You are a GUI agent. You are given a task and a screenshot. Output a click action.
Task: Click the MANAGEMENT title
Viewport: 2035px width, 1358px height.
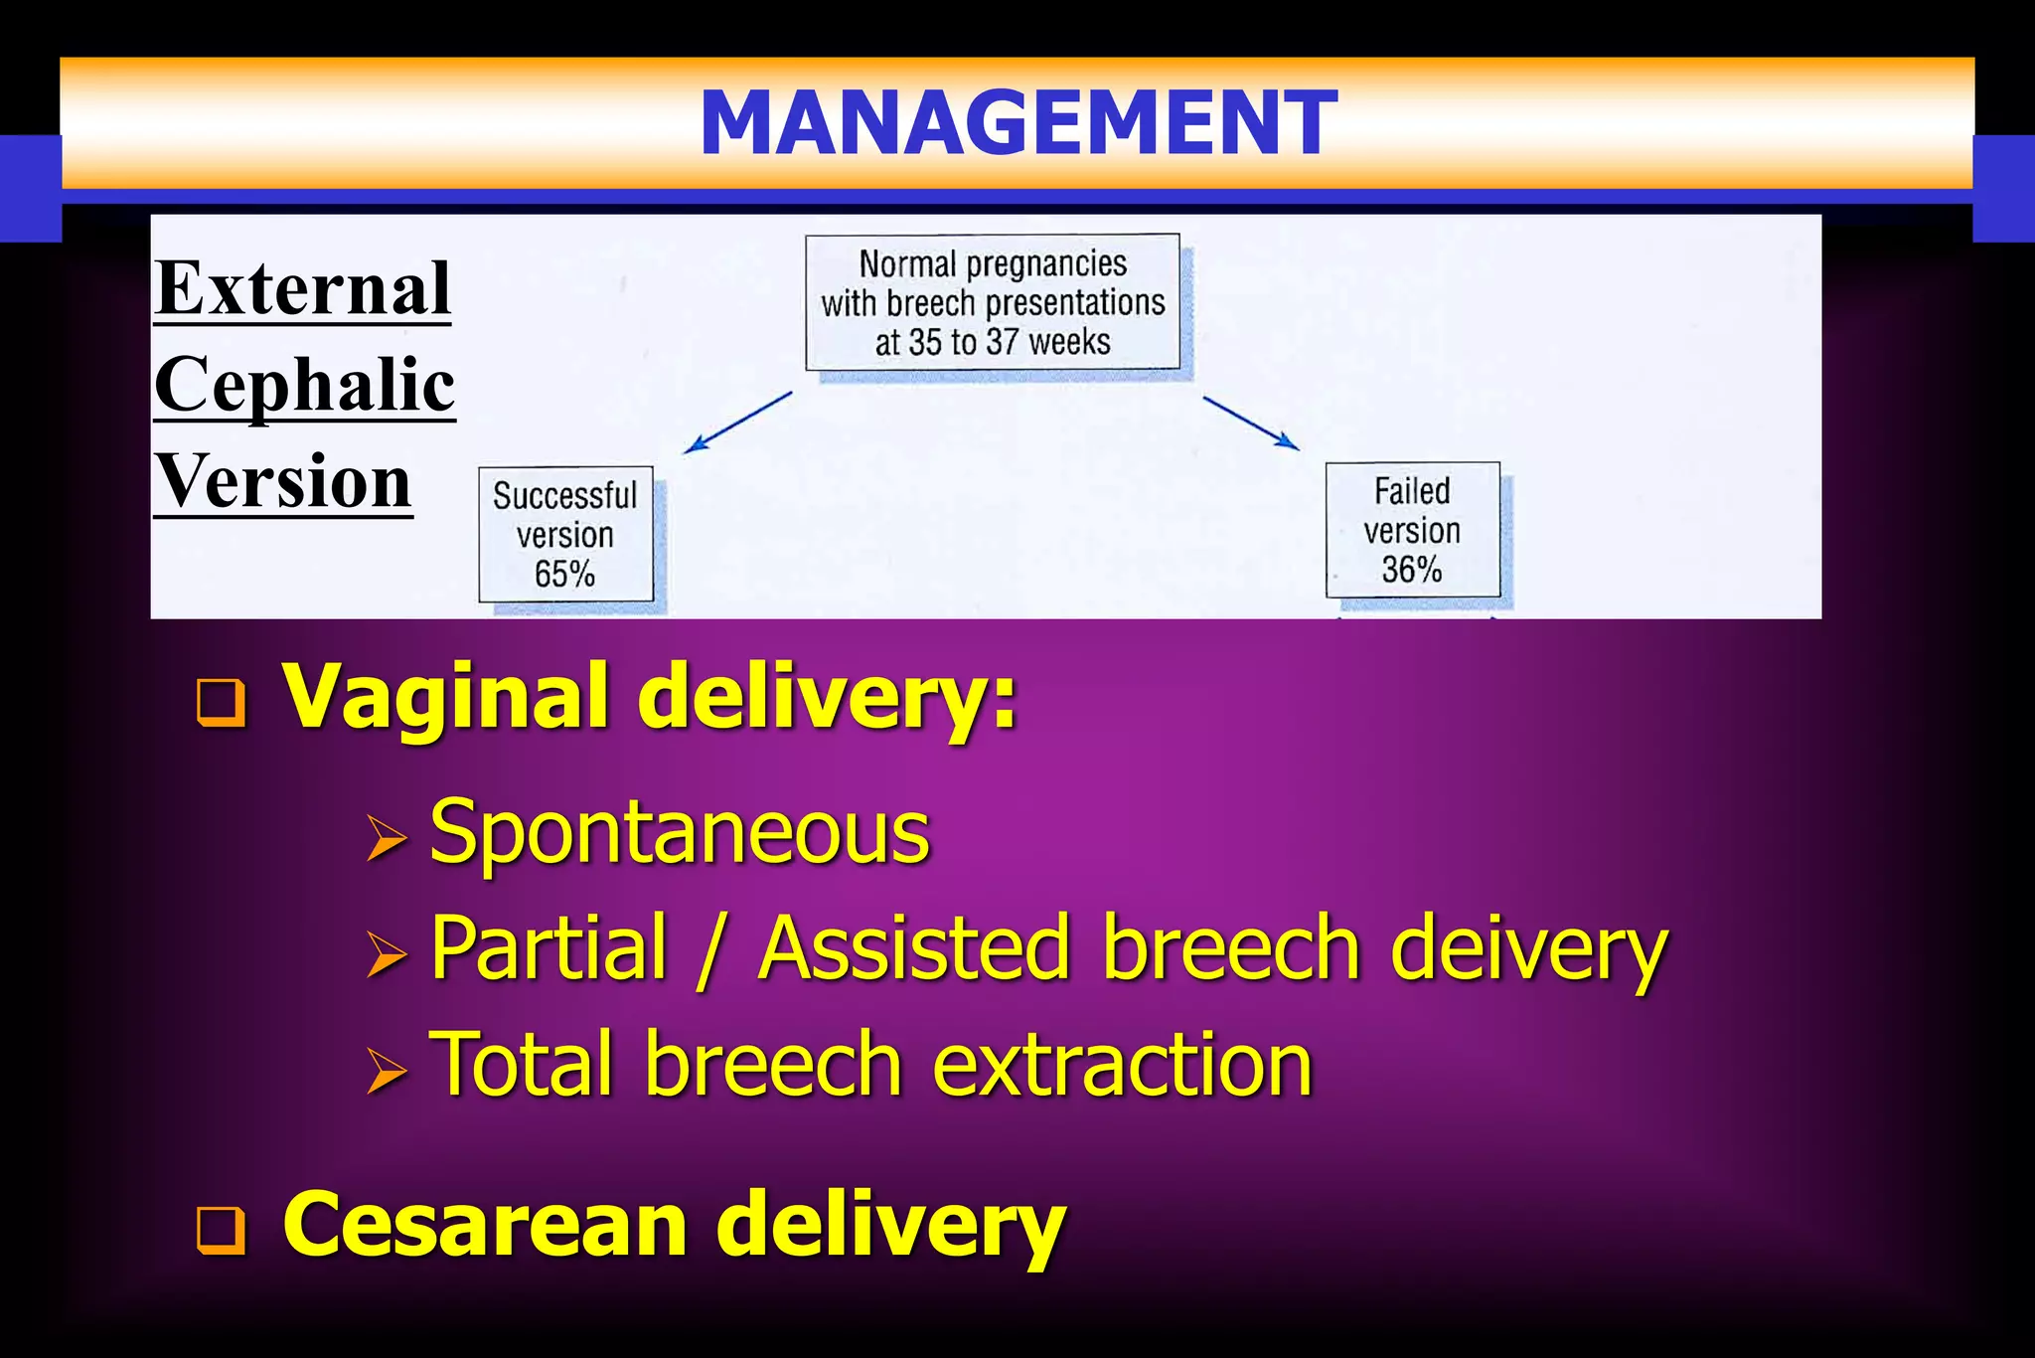(x=1018, y=123)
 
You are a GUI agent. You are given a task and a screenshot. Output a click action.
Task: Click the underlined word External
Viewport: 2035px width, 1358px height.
(x=303, y=288)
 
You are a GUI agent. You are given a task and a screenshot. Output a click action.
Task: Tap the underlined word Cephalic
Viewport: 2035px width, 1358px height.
(x=305, y=386)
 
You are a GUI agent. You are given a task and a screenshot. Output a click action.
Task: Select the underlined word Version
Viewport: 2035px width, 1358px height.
(x=283, y=482)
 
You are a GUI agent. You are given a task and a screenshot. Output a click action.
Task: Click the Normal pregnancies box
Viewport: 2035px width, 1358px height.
(x=992, y=302)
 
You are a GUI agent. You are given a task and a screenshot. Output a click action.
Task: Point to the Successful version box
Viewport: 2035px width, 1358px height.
(x=565, y=534)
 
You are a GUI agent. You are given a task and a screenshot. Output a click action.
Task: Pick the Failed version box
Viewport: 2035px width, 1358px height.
(x=1412, y=529)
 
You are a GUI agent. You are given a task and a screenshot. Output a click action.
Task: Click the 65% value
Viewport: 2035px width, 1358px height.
(x=564, y=575)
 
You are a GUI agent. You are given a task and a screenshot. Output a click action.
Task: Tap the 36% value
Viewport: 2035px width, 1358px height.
(x=1412, y=570)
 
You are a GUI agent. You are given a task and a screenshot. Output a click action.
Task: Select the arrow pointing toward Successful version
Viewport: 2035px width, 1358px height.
(x=737, y=423)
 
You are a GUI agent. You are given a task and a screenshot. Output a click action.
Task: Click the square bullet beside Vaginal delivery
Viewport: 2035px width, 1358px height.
(x=221, y=703)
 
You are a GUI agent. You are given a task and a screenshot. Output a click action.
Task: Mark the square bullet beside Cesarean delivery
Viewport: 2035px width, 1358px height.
(x=221, y=1230)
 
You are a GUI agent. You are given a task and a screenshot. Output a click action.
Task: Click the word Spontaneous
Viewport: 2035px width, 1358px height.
(x=680, y=833)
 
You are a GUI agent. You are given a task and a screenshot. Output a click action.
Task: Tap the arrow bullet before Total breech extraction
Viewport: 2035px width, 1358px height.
(x=386, y=1071)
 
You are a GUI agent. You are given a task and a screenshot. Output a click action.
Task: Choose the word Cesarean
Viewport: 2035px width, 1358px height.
(x=485, y=1225)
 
